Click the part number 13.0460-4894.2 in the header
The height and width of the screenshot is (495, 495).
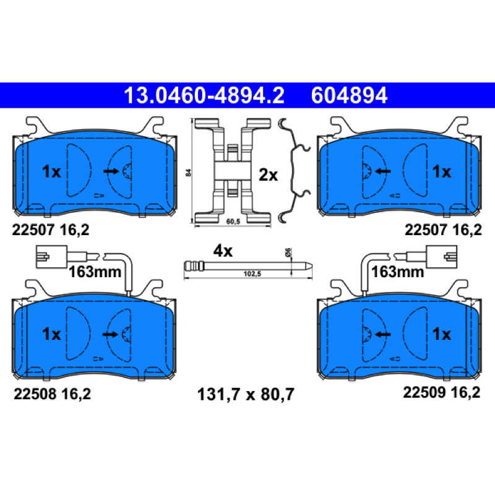coord(204,95)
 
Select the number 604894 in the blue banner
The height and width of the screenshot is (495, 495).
coord(349,95)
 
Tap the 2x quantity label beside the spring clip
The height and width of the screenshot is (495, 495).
coord(268,174)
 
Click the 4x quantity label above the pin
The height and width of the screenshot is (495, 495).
coord(223,251)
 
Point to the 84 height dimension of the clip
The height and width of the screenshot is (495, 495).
coord(189,173)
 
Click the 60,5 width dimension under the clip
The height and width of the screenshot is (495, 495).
coord(233,222)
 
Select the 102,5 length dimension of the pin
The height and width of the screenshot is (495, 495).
coord(252,273)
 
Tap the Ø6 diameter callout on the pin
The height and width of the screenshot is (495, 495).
coord(288,252)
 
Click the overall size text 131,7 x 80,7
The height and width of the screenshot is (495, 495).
coord(246,394)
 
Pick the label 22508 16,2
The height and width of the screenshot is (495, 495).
coord(52,394)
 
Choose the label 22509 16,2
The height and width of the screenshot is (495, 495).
coord(442,392)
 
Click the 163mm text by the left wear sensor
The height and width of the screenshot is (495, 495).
coord(95,272)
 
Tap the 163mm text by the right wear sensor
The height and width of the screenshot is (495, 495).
coord(397,272)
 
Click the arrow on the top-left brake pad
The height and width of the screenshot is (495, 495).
coord(111,171)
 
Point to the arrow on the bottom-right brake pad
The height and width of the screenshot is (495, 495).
coord(382,334)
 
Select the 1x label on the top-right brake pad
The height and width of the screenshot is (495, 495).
coord(442,172)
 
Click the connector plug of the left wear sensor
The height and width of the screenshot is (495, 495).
coord(52,257)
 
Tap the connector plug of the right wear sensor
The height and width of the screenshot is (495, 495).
coord(441,257)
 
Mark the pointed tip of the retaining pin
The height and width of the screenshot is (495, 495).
coord(312,266)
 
